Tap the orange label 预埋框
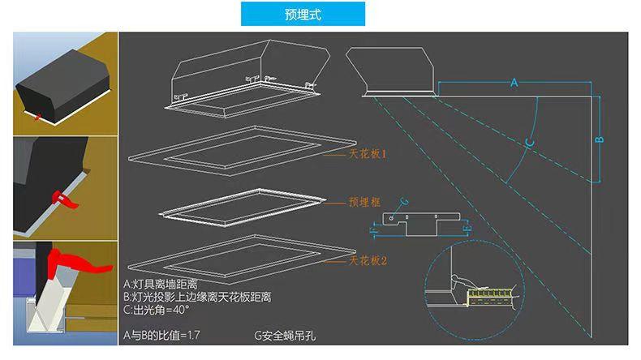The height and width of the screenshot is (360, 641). click(x=365, y=204)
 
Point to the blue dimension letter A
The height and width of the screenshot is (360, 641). click(x=514, y=84)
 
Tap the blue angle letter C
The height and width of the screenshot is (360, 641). click(x=529, y=144)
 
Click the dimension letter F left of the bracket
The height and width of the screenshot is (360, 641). click(x=372, y=232)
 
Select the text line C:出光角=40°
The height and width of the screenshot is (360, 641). click(x=157, y=310)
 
